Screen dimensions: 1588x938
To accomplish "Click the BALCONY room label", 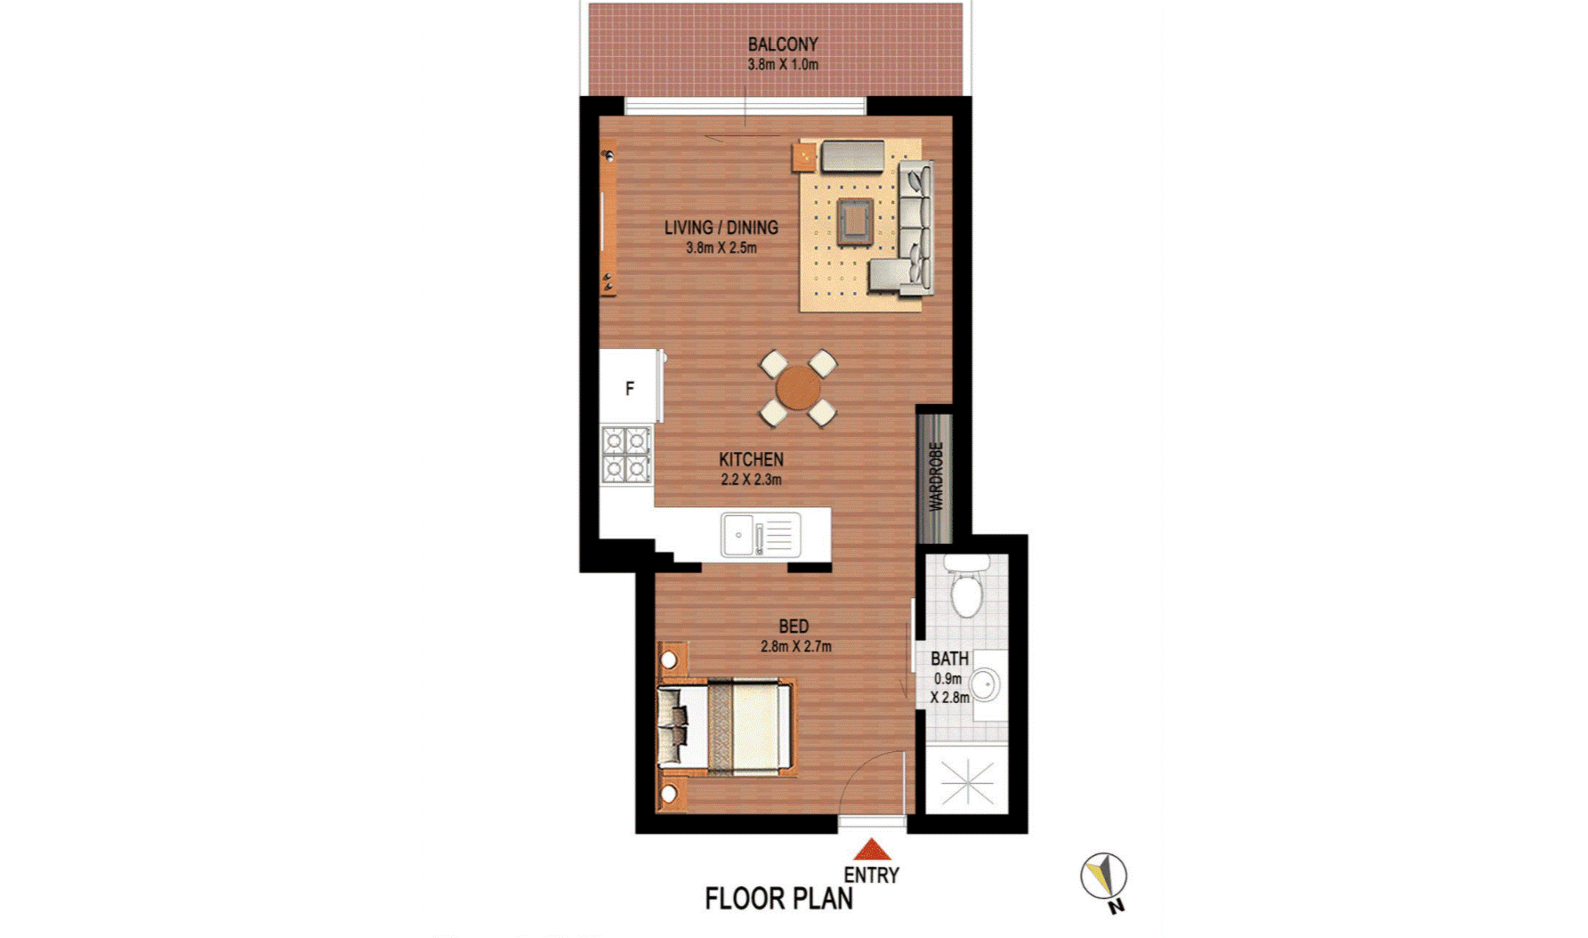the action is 783,44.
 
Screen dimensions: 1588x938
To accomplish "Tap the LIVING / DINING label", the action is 721,228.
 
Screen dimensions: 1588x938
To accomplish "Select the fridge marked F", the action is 630,387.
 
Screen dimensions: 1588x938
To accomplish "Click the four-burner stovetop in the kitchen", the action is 626,455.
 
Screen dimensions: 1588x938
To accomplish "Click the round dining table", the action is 798,388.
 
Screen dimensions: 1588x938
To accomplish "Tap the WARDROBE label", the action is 936,477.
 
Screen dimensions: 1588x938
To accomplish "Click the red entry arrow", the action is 873,849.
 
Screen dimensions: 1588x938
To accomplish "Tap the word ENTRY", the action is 872,876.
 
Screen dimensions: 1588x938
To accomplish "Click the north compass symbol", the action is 1104,877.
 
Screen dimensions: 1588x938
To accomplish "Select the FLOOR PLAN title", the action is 778,899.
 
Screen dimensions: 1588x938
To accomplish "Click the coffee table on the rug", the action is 854,219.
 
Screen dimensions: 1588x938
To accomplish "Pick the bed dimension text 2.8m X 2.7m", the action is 796,647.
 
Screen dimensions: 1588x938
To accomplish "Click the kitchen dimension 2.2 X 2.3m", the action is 752,480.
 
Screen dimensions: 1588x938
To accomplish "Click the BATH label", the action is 950,659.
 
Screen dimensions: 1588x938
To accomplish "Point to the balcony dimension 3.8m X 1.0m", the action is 783,65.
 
